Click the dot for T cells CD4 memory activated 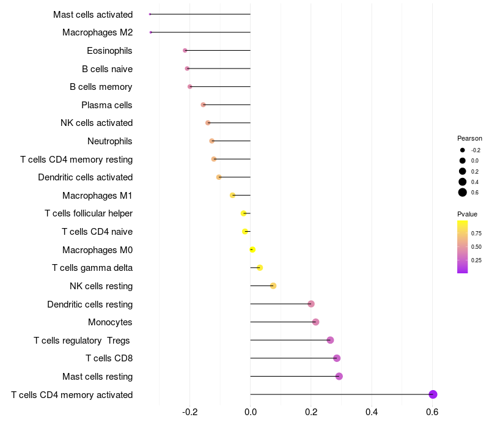point(433,394)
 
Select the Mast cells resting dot point(339,376)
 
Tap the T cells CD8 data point point(336,358)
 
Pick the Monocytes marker point(315,322)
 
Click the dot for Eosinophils point(185,50)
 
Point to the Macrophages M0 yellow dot point(252,249)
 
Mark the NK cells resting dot point(273,286)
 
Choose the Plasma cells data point point(204,105)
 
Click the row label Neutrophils point(110,141)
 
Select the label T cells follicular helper point(89,213)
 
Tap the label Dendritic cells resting point(90,304)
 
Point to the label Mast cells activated point(93,14)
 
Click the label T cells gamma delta point(92,268)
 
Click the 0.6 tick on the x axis point(432,412)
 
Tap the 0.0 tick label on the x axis point(250,412)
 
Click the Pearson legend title point(469,138)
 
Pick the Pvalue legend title point(467,214)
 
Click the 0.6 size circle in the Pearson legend point(463,193)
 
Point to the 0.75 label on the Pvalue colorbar point(477,233)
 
